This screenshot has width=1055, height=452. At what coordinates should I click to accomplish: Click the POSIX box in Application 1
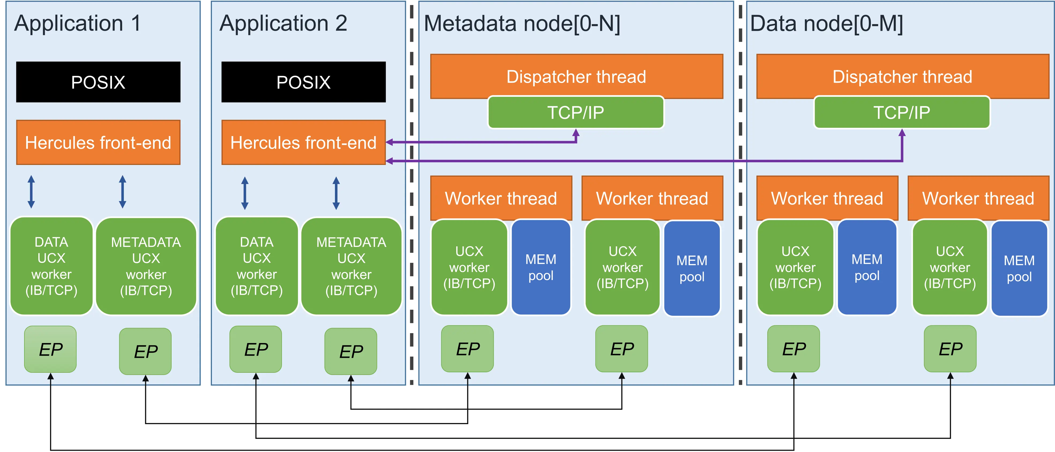click(98, 82)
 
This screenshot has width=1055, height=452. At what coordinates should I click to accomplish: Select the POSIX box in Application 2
click(304, 82)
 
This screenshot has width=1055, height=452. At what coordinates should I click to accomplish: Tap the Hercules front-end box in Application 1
click(98, 142)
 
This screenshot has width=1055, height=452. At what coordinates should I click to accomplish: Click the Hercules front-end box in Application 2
click(304, 142)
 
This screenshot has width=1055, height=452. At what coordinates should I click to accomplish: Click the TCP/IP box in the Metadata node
click(575, 112)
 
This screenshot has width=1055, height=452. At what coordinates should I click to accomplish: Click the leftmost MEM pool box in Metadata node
click(541, 267)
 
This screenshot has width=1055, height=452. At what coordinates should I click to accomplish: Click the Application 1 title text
click(78, 23)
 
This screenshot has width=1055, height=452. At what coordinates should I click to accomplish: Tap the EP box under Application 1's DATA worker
click(50, 349)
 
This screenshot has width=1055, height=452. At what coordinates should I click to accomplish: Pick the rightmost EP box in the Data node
click(950, 349)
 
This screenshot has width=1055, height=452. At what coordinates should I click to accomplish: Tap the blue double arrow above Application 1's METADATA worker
click(122, 192)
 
